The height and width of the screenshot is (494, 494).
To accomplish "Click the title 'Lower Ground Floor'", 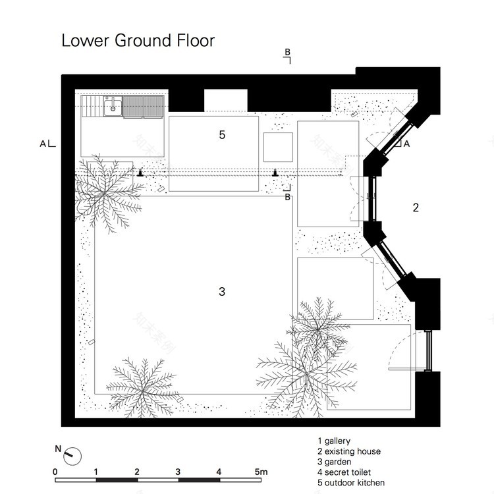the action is pyautogui.click(x=138, y=40).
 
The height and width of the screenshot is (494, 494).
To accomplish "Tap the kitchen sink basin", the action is pyautogui.click(x=113, y=106).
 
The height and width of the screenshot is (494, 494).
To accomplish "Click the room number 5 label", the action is pyautogui.click(x=222, y=135).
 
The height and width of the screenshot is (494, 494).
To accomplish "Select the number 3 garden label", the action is pyautogui.click(x=222, y=291).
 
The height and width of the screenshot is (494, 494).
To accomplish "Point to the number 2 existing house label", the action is pyautogui.click(x=416, y=207).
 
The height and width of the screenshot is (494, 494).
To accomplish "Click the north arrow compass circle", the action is pyautogui.click(x=72, y=456).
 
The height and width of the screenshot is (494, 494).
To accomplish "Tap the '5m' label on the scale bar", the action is pyautogui.click(x=261, y=472).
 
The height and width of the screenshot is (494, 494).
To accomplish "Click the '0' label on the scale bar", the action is pyautogui.click(x=55, y=472).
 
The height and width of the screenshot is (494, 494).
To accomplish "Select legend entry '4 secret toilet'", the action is pyautogui.click(x=344, y=472).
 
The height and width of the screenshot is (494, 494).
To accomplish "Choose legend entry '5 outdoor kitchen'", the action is pyautogui.click(x=351, y=483).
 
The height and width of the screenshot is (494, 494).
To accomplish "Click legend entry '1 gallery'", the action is pyautogui.click(x=334, y=441).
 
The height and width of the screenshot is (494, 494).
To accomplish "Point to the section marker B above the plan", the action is pyautogui.click(x=287, y=55).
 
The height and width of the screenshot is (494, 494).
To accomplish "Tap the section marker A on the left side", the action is pyautogui.click(x=47, y=144).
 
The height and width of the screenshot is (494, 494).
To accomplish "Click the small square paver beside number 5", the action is pyautogui.click(x=278, y=147).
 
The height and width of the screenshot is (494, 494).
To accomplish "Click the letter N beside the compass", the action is pyautogui.click(x=58, y=449).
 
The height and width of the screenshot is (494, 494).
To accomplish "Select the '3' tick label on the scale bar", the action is pyautogui.click(x=178, y=472).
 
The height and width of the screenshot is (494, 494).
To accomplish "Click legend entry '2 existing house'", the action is pyautogui.click(x=349, y=451).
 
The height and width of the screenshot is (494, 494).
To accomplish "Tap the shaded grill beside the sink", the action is pyautogui.click(x=144, y=107).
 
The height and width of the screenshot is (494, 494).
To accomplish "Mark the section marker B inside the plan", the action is pyautogui.click(x=287, y=193).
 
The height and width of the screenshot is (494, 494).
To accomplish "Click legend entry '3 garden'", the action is pyautogui.click(x=334, y=462).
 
